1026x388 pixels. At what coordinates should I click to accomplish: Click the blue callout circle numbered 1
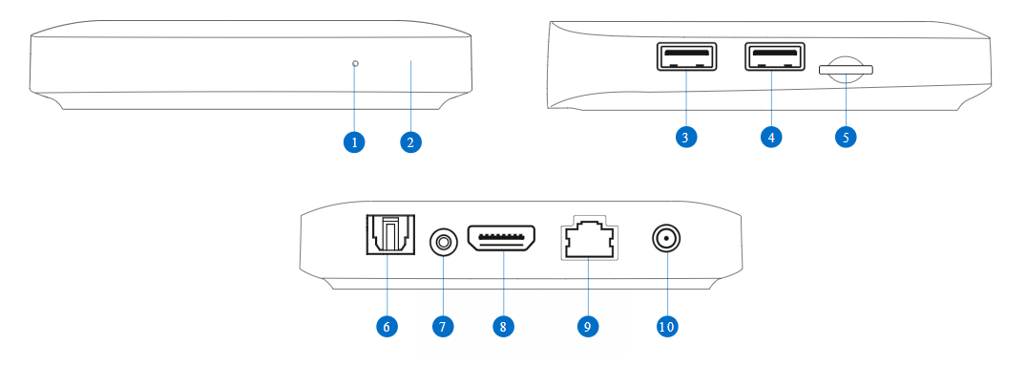[x=354, y=142]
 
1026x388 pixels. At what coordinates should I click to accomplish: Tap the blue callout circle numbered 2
[x=409, y=142]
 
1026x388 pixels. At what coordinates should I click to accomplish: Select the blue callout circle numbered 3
[x=685, y=137]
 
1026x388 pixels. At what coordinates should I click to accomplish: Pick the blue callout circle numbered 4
[x=770, y=137]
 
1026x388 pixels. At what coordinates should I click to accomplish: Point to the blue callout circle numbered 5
[x=845, y=137]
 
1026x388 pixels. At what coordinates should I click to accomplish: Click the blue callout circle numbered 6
[x=387, y=326]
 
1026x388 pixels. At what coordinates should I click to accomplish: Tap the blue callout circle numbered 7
[x=441, y=326]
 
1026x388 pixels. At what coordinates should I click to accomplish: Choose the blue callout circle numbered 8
[x=503, y=326]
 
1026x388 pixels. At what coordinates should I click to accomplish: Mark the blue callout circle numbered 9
[x=588, y=326]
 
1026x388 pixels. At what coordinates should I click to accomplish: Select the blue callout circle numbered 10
[x=666, y=326]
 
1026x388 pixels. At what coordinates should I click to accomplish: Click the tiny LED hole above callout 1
[x=355, y=64]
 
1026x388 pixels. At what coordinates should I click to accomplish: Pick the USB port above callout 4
[x=771, y=57]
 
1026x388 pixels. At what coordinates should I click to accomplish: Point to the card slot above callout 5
[x=845, y=68]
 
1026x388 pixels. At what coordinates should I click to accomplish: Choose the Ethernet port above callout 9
[x=587, y=240]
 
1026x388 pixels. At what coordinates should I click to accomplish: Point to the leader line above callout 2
[x=411, y=96]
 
